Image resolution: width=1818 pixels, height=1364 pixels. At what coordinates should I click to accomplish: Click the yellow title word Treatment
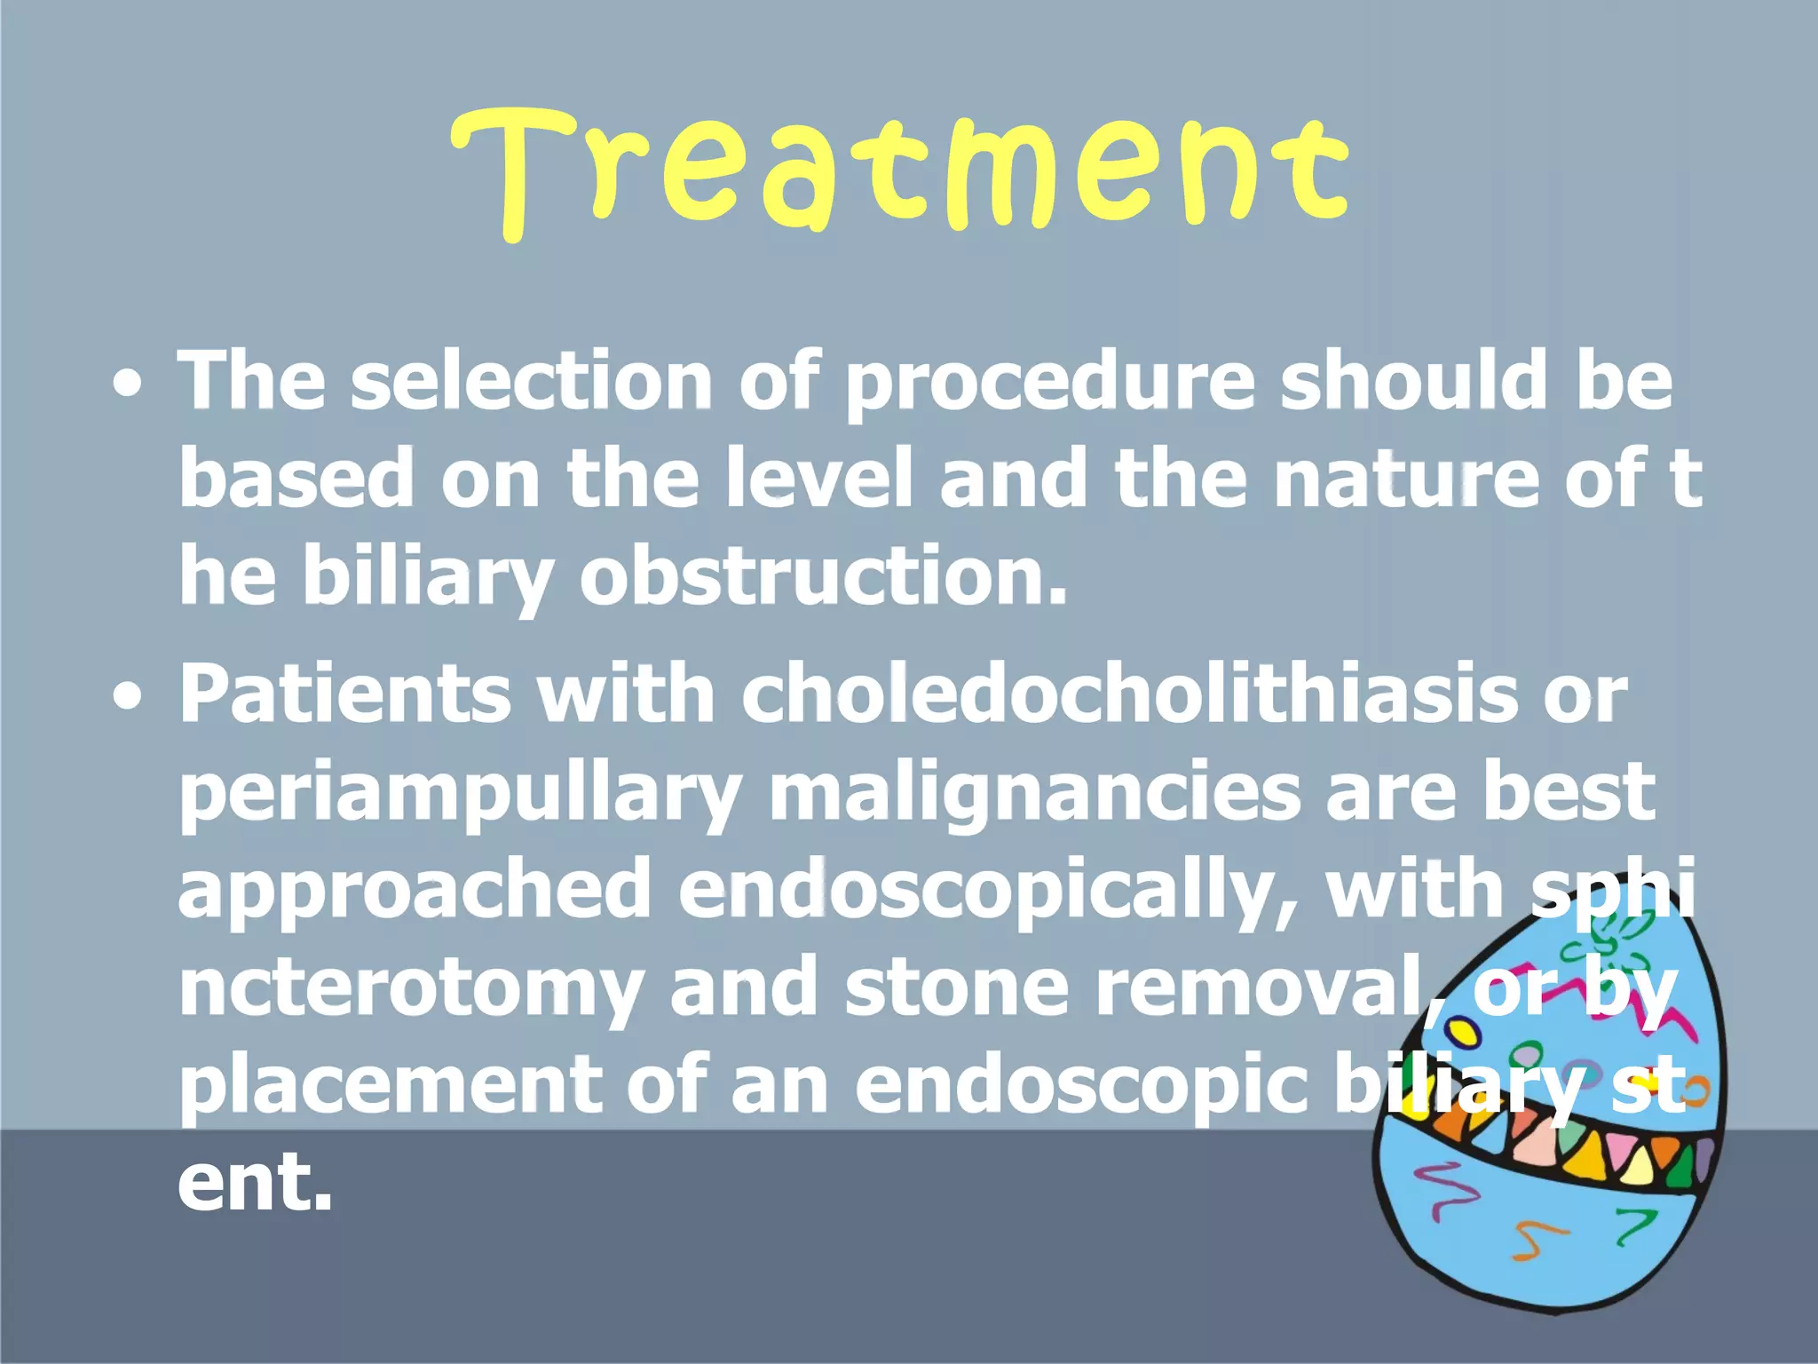900,169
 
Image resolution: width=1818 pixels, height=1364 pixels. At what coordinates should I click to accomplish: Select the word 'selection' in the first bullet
531,380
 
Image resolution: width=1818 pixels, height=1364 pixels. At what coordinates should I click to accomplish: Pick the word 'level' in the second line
818,478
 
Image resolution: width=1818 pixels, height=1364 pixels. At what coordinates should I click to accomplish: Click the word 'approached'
414,892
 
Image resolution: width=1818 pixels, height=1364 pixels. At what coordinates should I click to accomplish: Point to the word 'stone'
957,989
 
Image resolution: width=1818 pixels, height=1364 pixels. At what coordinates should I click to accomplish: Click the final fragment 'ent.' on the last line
256,1183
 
